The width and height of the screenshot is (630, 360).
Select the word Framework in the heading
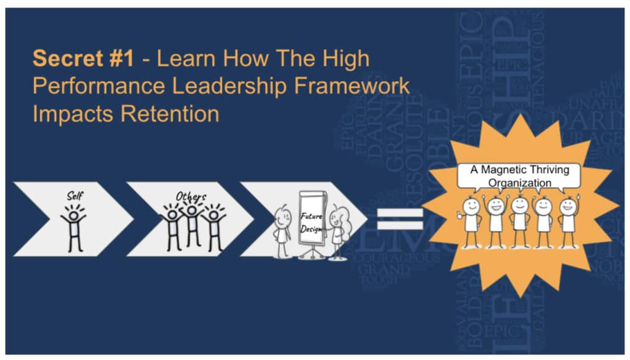point(355,86)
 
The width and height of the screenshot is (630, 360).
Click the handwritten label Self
point(74,196)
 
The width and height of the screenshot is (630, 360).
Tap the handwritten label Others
point(191,196)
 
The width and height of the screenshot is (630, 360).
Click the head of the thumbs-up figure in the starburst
point(472,206)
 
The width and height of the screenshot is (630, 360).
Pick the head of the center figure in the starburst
point(520,204)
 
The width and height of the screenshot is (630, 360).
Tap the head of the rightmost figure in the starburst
point(568,206)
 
